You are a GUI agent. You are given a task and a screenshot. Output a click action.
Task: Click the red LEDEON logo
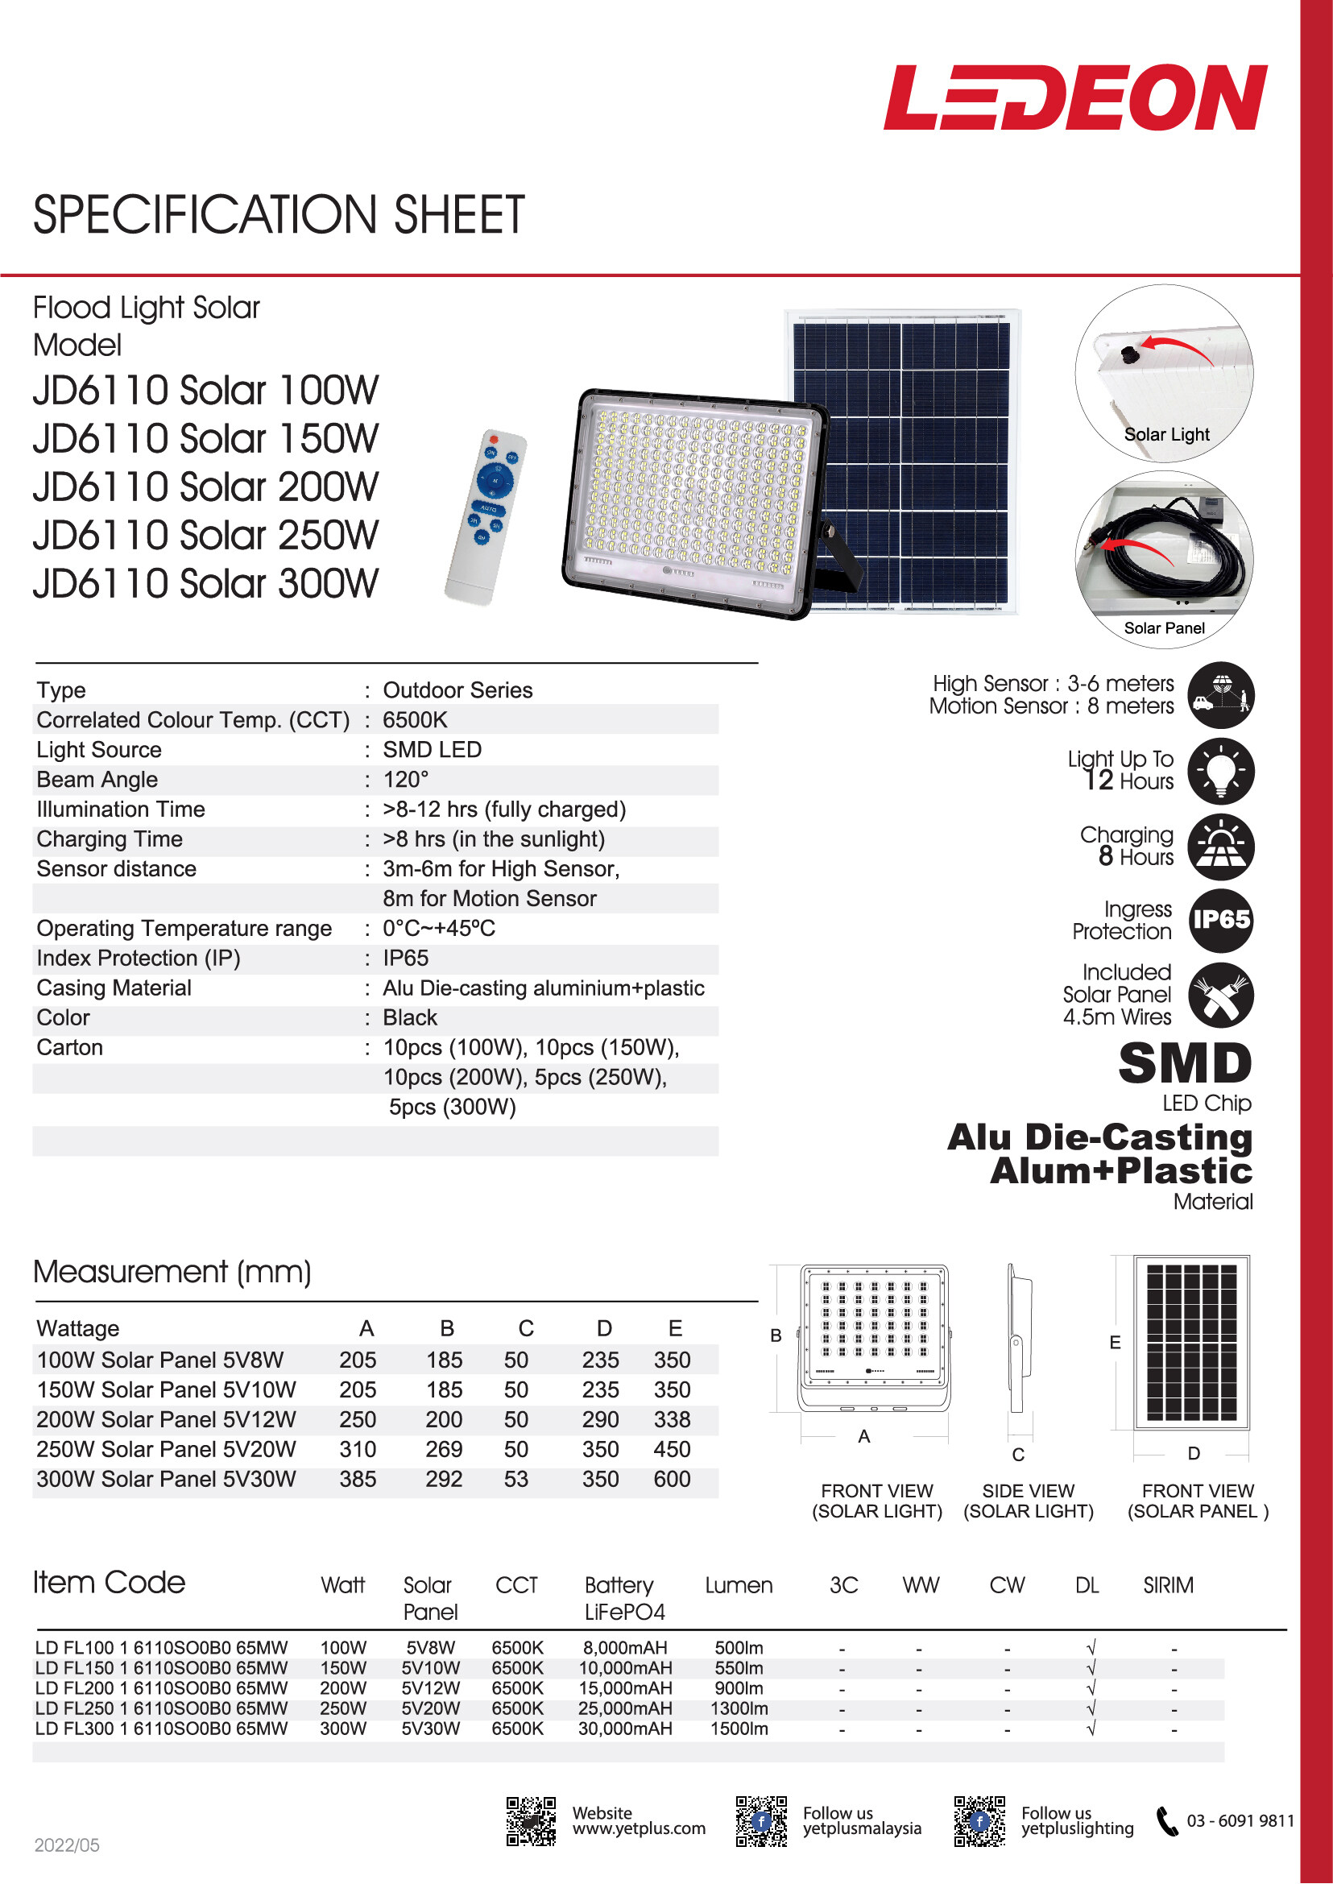click(x=1075, y=97)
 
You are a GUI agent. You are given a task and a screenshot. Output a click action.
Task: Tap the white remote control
click(x=486, y=517)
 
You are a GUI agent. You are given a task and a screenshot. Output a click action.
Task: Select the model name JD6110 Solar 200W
click(x=205, y=487)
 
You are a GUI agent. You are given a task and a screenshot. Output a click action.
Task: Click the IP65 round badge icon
click(x=1220, y=920)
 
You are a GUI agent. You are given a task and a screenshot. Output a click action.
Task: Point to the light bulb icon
click(x=1220, y=771)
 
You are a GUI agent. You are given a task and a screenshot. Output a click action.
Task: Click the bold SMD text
click(x=1185, y=1064)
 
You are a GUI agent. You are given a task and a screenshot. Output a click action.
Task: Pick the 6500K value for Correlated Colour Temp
click(x=415, y=720)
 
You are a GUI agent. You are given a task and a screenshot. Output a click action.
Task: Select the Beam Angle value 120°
click(x=405, y=780)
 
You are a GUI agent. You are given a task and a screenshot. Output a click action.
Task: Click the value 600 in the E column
click(x=672, y=1480)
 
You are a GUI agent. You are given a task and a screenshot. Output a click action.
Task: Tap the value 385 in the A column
click(x=358, y=1480)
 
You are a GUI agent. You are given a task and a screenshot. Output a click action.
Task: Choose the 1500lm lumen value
click(x=739, y=1729)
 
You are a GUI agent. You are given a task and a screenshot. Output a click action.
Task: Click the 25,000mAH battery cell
click(x=625, y=1708)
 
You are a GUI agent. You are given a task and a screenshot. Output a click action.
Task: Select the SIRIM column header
click(x=1168, y=1585)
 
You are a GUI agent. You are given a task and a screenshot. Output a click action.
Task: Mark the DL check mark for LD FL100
click(x=1091, y=1647)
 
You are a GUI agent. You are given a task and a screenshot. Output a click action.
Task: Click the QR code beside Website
click(x=530, y=1822)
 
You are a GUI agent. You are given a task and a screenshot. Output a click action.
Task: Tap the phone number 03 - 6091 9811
click(x=1240, y=1821)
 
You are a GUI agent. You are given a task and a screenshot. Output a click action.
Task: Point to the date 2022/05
click(x=67, y=1845)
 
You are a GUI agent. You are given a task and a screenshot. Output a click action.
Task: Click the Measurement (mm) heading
click(x=172, y=1272)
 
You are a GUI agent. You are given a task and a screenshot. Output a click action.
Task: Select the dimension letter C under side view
click(x=1018, y=1455)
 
